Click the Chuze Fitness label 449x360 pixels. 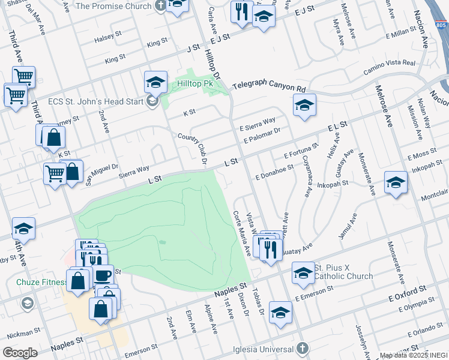(x=33, y=281)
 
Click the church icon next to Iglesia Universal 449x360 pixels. (x=303, y=349)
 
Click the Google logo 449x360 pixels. (x=20, y=352)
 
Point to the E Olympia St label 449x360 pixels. (x=414, y=306)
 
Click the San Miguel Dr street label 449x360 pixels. (x=101, y=173)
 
